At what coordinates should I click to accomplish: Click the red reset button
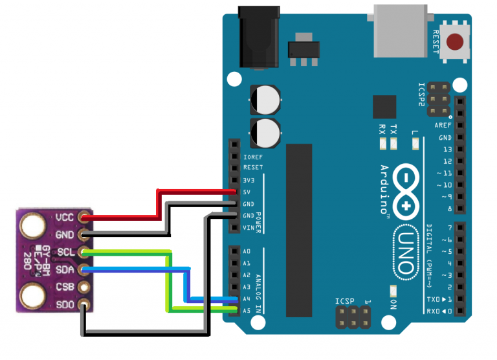click(458, 43)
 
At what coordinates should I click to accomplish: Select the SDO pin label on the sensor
click(64, 304)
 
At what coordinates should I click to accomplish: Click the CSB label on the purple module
click(64, 286)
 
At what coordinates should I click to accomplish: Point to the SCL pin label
click(64, 252)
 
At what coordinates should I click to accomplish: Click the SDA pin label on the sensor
click(64, 269)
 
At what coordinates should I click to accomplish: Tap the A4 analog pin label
click(247, 298)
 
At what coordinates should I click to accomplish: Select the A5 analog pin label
click(247, 310)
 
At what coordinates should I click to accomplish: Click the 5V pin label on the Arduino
click(247, 192)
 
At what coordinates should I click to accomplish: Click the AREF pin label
click(443, 126)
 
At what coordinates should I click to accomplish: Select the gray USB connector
click(399, 29)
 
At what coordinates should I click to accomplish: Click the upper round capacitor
click(265, 100)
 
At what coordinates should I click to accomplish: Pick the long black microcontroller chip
click(299, 230)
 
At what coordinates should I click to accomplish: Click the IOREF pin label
click(252, 157)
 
